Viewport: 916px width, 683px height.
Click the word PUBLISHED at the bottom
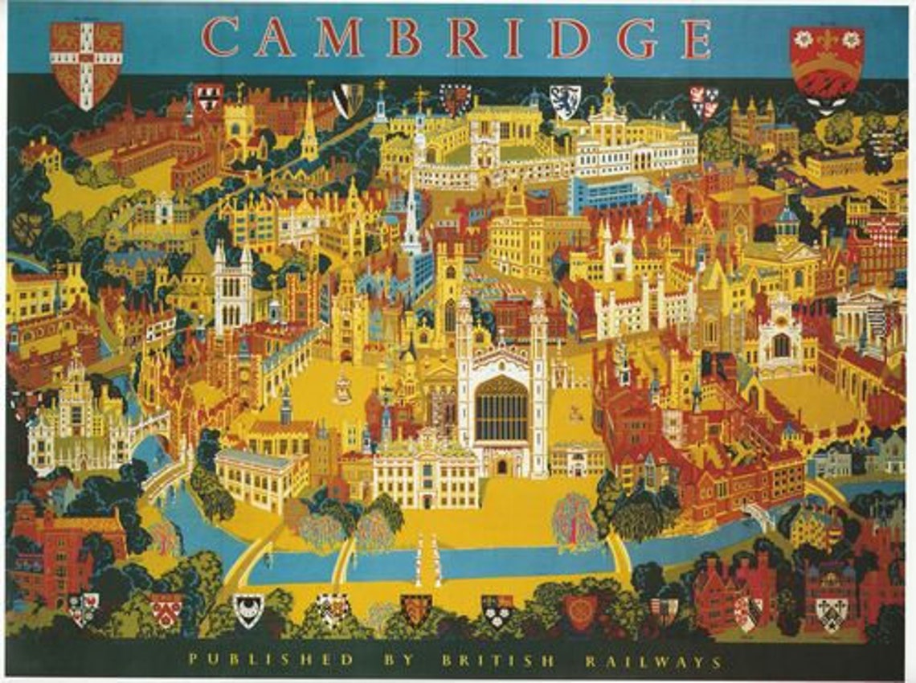click(272, 661)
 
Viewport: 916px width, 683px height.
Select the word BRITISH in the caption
click(497, 661)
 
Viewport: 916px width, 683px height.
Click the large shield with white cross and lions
click(86, 63)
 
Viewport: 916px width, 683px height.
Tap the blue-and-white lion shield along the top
click(565, 100)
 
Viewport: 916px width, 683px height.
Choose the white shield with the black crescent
click(248, 609)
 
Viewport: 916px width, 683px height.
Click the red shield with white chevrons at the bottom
click(166, 609)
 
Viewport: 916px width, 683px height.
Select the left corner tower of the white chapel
click(464, 378)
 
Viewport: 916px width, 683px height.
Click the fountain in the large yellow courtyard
click(342, 389)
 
